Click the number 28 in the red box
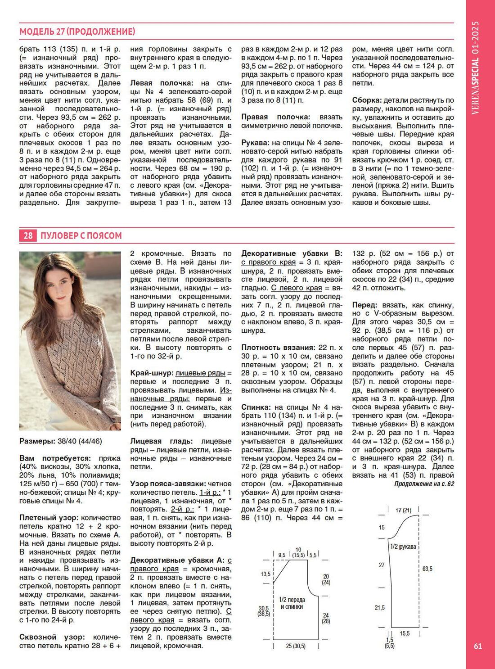pos(28,235)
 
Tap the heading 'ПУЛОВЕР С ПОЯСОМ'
pos(81,235)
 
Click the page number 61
pos(478,646)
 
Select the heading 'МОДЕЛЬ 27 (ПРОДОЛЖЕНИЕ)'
pos(77,32)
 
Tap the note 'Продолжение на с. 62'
pos(424,484)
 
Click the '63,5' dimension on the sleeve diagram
pos(427,569)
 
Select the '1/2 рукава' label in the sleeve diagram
pos(403,547)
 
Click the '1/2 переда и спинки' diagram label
pos(292,603)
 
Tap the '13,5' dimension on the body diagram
pos(265,574)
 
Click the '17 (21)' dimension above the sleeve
pos(403,510)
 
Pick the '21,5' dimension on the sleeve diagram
pos(380,608)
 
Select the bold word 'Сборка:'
pos(367,100)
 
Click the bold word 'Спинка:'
pos(256,407)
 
